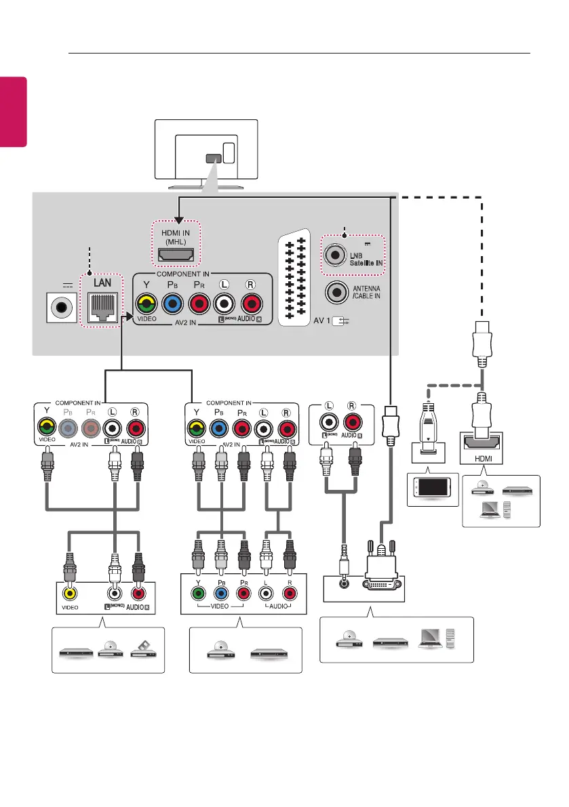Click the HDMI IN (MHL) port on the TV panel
(176, 255)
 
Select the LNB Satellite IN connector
(334, 254)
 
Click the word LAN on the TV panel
(102, 281)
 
